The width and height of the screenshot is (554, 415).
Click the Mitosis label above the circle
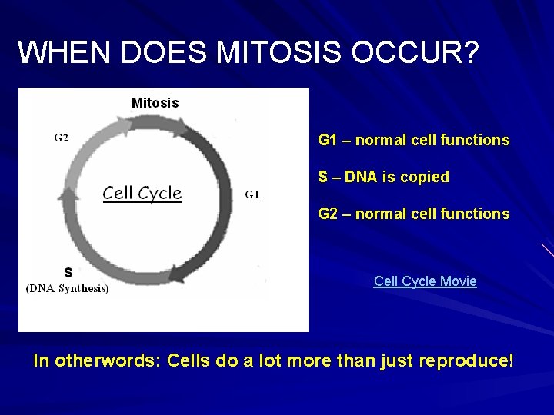click(155, 102)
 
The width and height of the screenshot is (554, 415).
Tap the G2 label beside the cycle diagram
click(61, 138)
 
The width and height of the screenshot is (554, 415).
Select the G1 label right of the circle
click(252, 194)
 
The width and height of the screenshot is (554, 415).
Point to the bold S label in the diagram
click(68, 272)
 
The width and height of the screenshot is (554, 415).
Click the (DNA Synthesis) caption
click(68, 288)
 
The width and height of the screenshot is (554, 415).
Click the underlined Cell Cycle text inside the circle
click(142, 193)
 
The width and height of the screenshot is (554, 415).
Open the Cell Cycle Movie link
click(425, 281)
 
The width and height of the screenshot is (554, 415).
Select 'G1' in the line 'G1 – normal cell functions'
click(328, 140)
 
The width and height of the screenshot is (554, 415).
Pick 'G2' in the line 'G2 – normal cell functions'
click(328, 214)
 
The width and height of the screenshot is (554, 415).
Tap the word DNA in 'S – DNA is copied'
click(359, 177)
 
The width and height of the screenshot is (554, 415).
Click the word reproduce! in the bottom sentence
click(466, 360)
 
